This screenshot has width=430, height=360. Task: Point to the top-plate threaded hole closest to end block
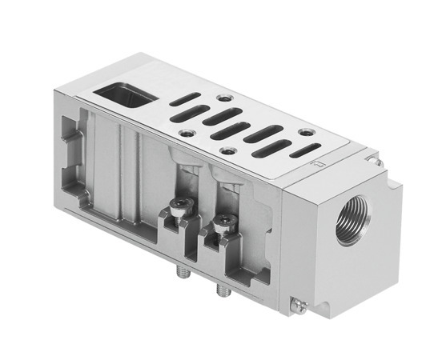[305, 132]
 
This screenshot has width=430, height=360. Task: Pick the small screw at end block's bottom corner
[297, 303]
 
